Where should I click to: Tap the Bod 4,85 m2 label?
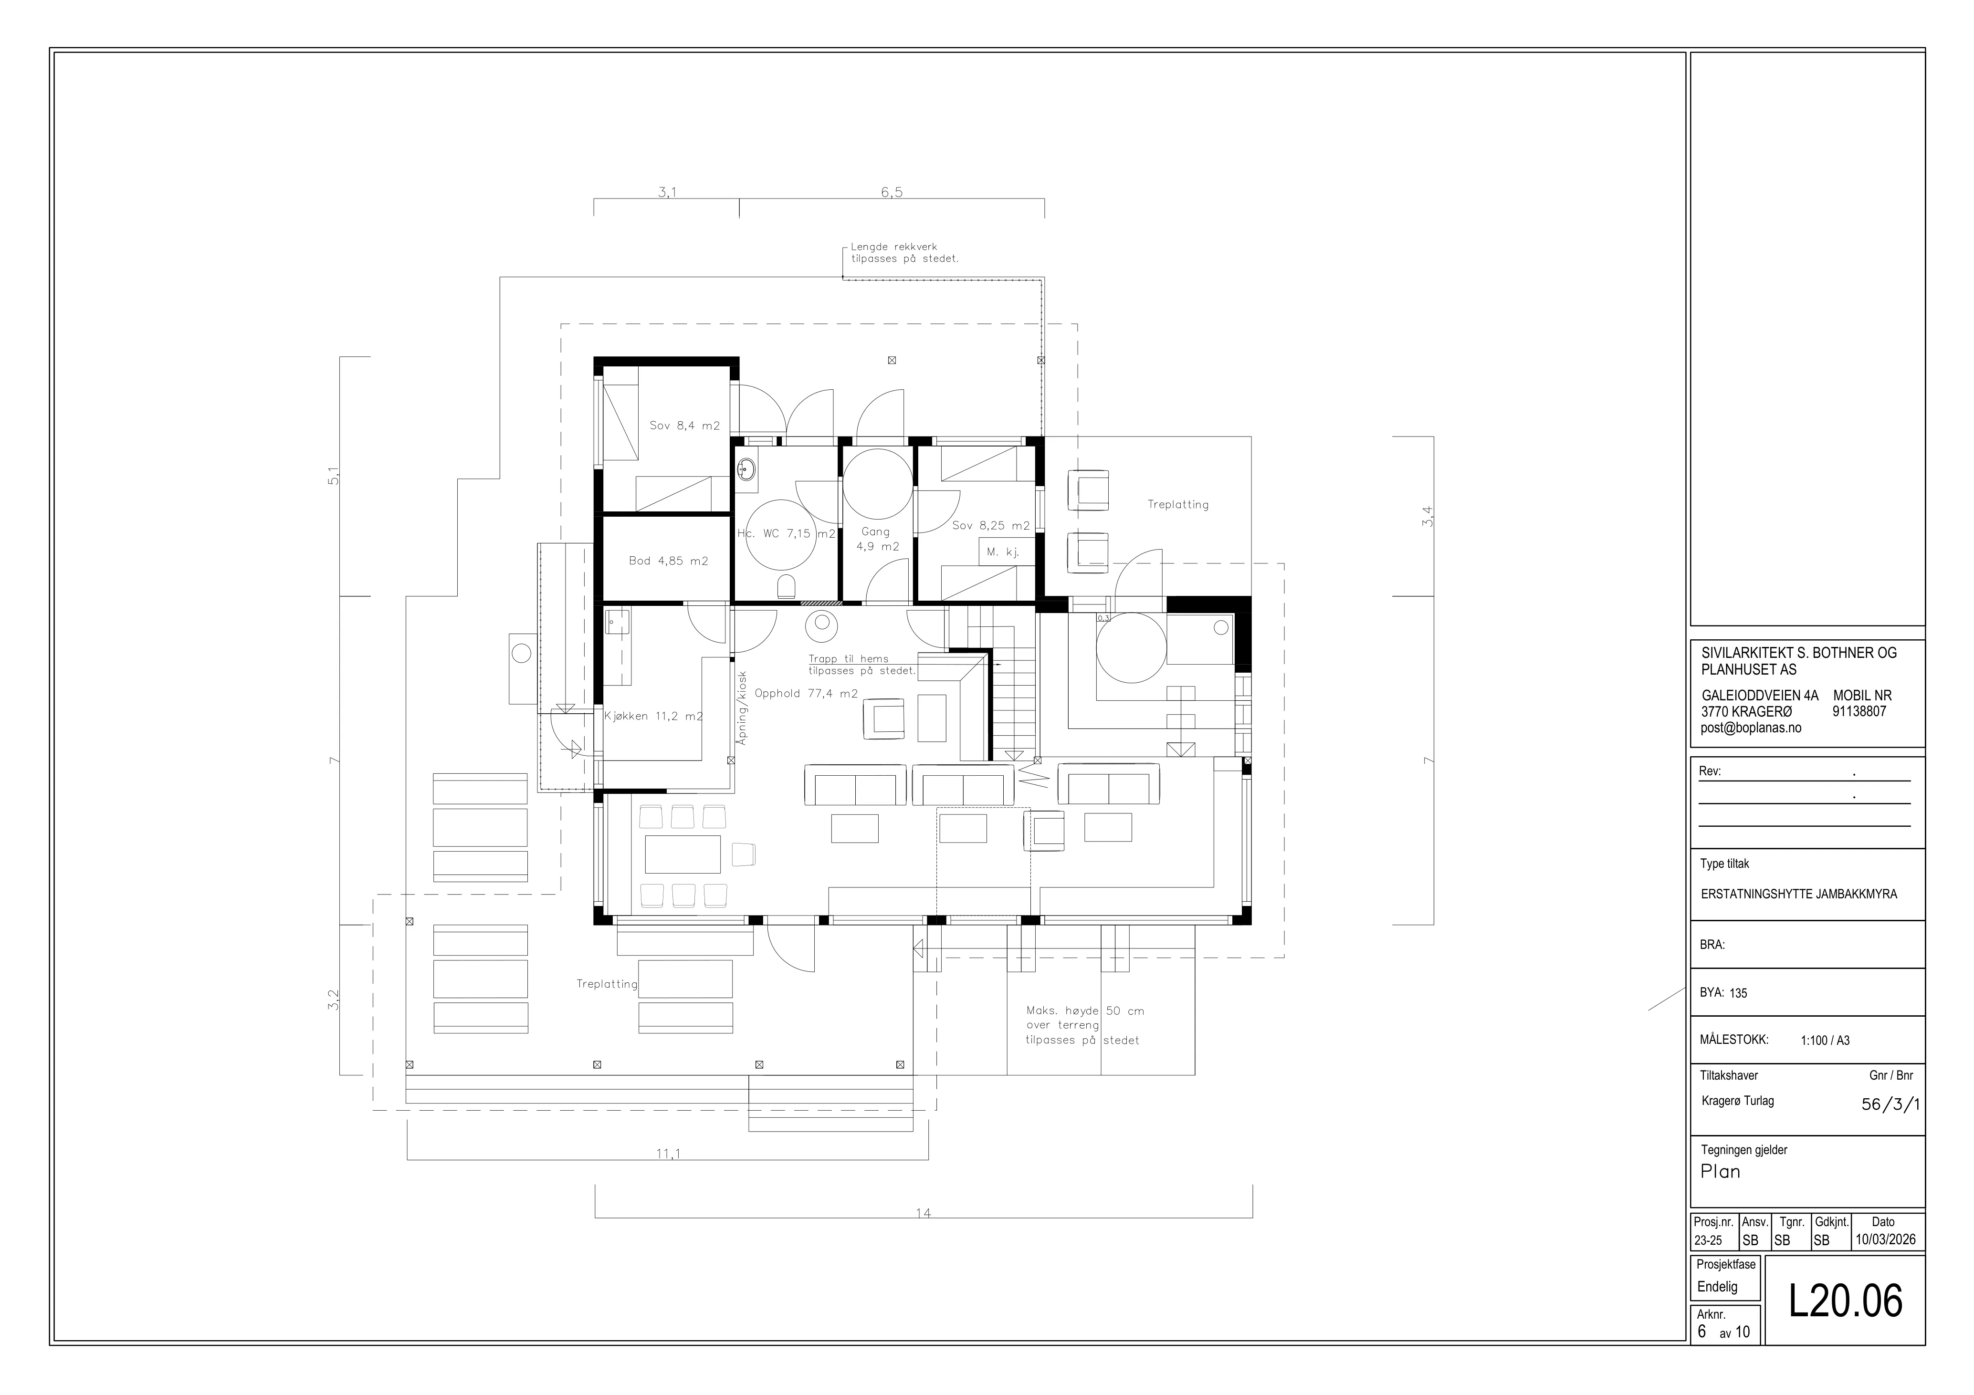click(x=668, y=561)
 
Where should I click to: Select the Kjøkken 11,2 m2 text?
click(x=653, y=716)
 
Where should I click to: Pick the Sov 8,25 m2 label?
click(x=990, y=525)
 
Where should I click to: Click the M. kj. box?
click(x=1003, y=552)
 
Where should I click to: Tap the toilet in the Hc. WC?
click(x=786, y=587)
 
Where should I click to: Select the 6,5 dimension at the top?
click(x=892, y=193)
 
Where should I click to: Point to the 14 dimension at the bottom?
click(x=923, y=1214)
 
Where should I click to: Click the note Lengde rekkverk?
click(x=894, y=247)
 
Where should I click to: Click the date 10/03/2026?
click(x=1885, y=1239)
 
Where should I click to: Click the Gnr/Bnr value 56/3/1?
click(x=1890, y=1104)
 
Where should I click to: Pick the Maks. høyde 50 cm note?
click(x=1085, y=1011)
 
